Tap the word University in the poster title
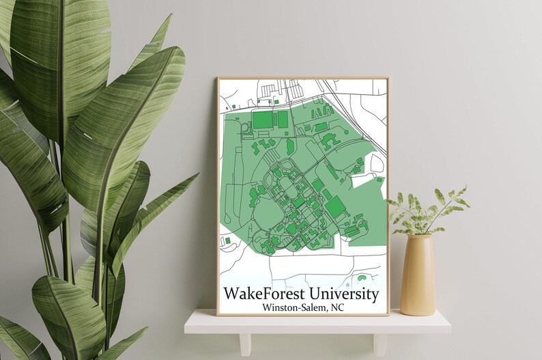(343, 294)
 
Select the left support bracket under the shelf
(244, 342)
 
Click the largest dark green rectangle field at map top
(262, 120)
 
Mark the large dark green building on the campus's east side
(334, 206)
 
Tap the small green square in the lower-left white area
(227, 240)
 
